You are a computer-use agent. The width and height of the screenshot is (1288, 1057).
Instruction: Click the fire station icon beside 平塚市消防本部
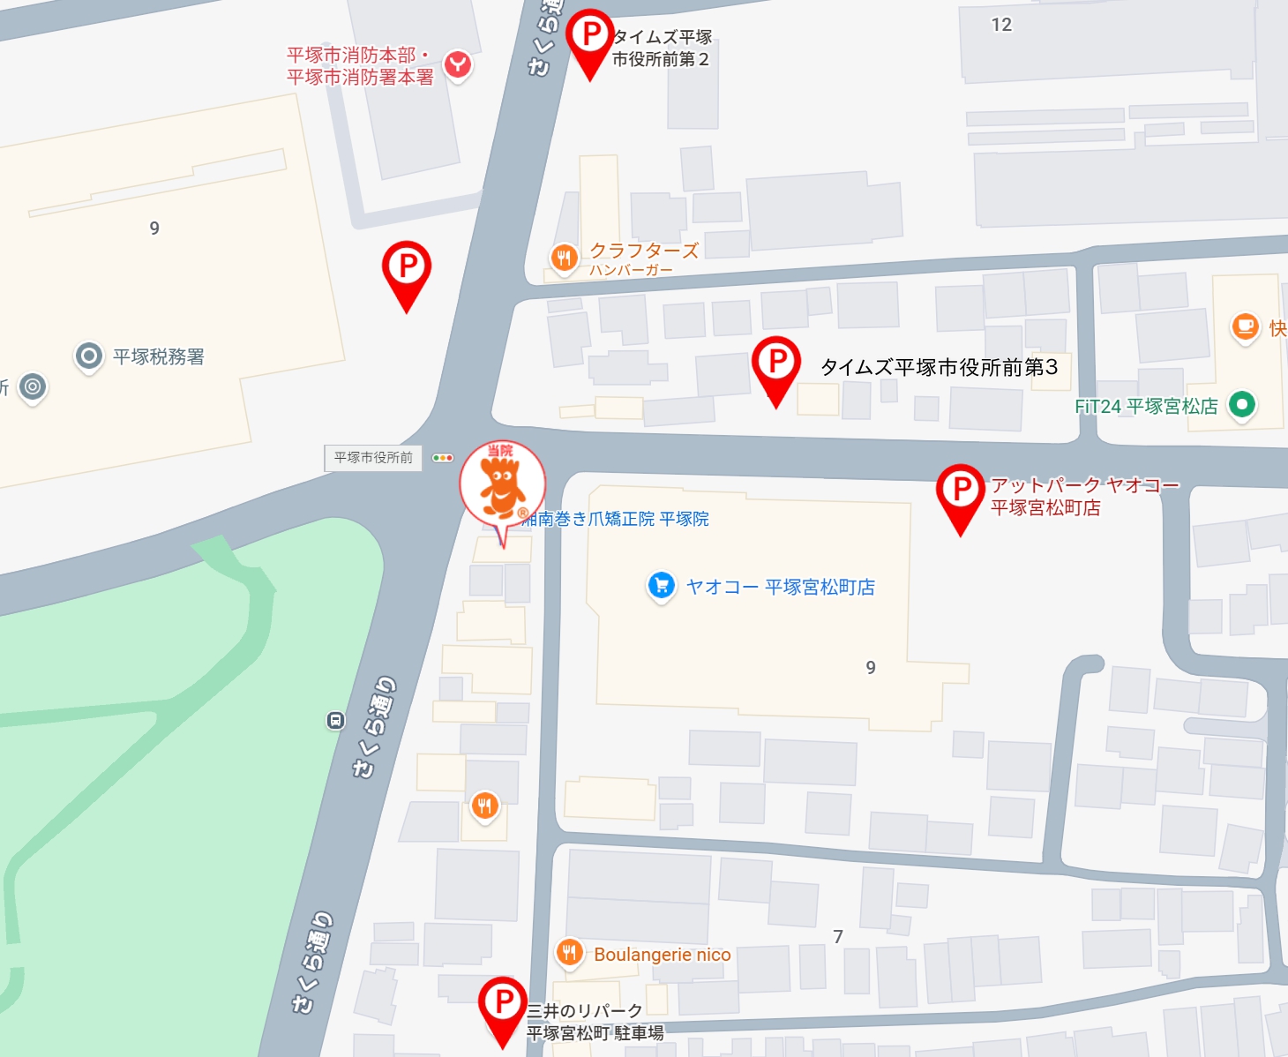(457, 64)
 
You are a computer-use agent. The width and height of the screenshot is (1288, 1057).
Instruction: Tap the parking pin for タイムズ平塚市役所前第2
(589, 36)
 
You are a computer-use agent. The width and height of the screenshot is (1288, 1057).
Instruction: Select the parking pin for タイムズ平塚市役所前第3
(776, 363)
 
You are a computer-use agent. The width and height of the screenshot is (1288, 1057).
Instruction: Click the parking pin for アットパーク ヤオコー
(960, 490)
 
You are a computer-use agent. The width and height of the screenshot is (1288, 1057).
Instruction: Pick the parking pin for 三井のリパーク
(502, 1002)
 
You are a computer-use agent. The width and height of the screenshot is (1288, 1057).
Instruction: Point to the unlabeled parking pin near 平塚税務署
(407, 267)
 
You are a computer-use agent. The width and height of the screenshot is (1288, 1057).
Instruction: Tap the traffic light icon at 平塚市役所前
(443, 458)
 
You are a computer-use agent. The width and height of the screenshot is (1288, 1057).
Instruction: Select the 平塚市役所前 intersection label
(373, 458)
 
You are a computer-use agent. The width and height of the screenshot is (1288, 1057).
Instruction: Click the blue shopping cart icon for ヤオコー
(661, 585)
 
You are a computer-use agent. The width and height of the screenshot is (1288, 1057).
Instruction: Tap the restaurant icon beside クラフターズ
(564, 258)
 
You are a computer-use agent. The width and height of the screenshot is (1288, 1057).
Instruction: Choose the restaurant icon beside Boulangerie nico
(569, 953)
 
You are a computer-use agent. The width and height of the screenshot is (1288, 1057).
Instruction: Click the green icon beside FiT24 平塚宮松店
(1242, 405)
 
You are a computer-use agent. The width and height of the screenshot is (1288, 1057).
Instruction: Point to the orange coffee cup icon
(1245, 326)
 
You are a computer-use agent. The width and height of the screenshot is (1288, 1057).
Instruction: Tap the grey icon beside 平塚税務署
(88, 356)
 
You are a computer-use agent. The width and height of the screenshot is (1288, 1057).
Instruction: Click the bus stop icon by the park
(335, 721)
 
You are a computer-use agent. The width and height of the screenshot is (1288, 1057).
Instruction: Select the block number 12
(1001, 25)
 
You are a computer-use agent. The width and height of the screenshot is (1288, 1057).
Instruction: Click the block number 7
(838, 936)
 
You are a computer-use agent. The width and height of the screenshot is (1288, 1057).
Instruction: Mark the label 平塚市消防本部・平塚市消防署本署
(360, 66)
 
